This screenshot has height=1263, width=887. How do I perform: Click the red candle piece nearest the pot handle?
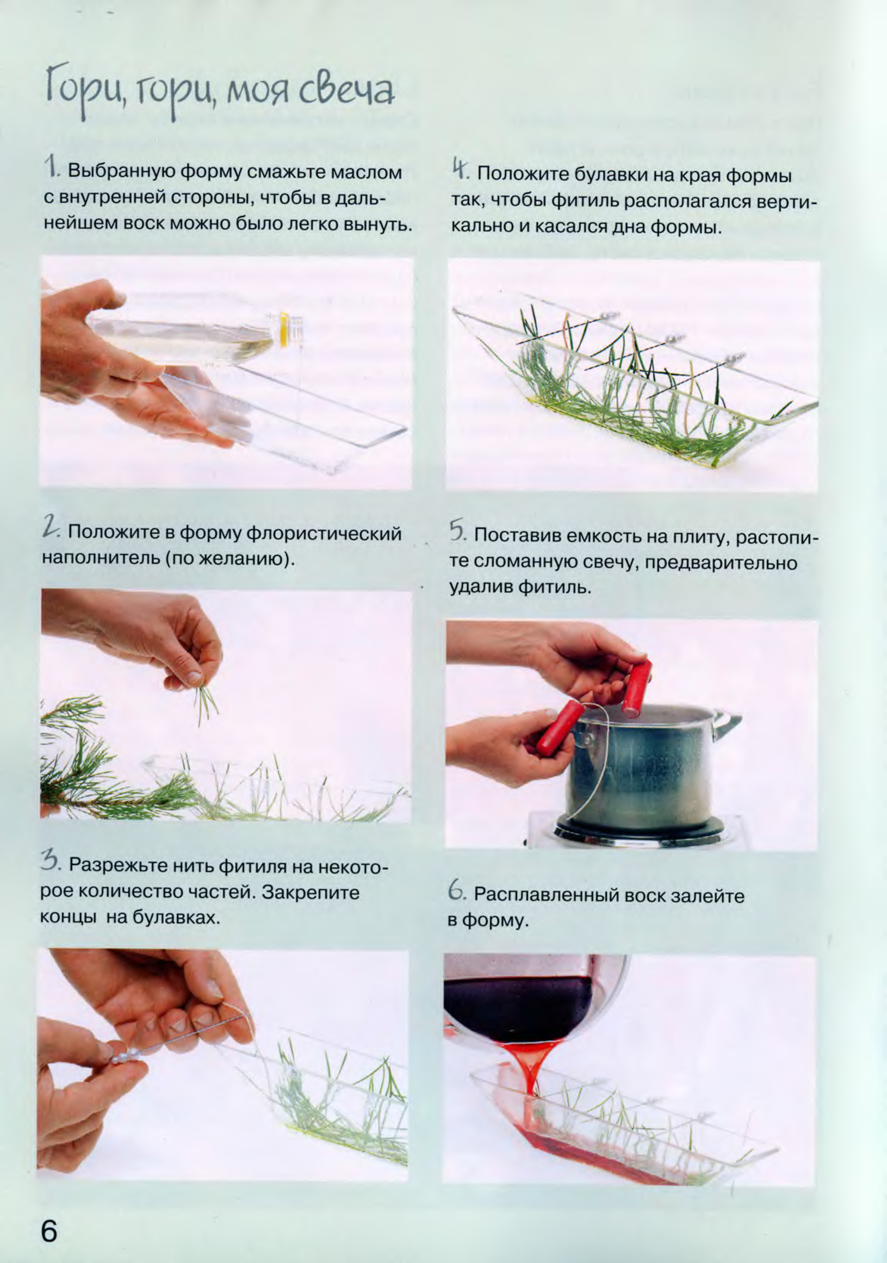tap(637, 688)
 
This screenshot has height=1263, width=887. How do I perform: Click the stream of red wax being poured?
tap(531, 1064)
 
